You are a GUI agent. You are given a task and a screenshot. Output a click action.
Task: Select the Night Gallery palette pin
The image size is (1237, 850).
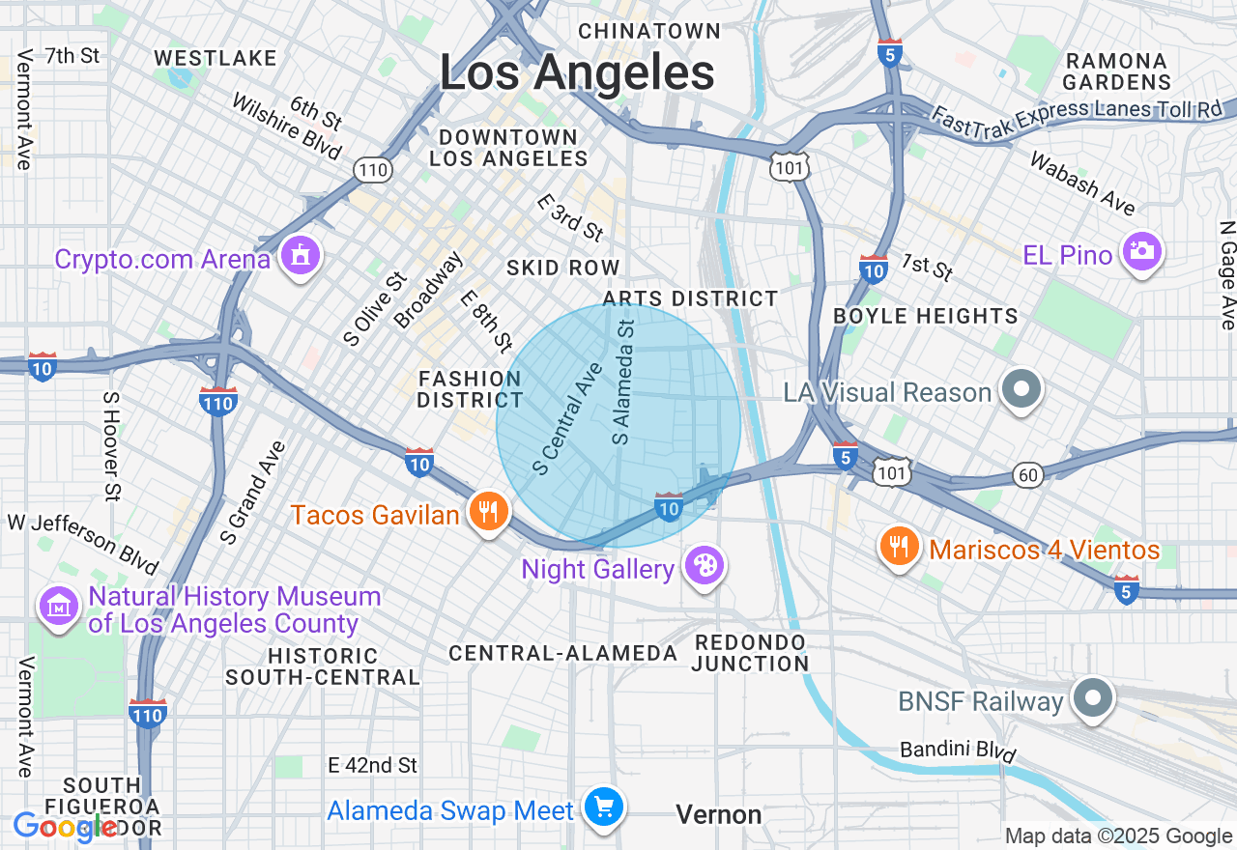pos(704,566)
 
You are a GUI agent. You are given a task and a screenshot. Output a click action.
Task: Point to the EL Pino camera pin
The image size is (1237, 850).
pos(1142,252)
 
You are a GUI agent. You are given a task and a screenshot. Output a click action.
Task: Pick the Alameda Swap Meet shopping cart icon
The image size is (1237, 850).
pos(604,807)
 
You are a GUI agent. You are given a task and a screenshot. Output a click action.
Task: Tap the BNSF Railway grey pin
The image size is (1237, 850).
pos(1093,699)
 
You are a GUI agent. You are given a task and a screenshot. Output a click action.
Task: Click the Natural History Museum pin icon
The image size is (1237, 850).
pos(59,608)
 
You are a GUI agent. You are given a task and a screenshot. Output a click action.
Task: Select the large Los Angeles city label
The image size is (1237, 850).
pos(577,72)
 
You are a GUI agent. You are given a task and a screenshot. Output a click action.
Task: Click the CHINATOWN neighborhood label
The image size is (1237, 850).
pos(649,32)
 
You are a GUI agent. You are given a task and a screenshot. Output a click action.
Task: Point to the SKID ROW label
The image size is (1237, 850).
pos(563,268)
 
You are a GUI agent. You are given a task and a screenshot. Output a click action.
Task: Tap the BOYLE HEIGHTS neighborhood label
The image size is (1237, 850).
pos(925,316)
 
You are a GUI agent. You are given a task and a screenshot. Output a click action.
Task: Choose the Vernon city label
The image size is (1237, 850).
pos(719,815)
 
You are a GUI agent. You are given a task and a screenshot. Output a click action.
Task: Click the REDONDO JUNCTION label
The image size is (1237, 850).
pos(750,653)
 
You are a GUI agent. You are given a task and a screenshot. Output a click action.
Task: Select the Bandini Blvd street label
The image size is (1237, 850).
pos(958,751)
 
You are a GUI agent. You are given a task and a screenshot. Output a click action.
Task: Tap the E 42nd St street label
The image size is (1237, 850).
pos(372,765)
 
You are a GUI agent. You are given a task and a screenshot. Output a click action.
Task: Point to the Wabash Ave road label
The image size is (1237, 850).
pos(1081,184)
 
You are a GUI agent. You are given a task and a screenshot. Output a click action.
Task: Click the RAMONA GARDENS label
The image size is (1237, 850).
pos(1117,71)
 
